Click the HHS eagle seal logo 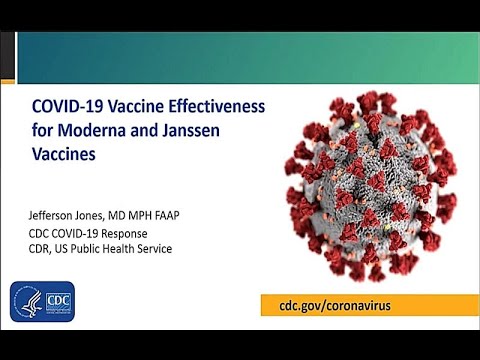[x=29, y=301]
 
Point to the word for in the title [x=42, y=128]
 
